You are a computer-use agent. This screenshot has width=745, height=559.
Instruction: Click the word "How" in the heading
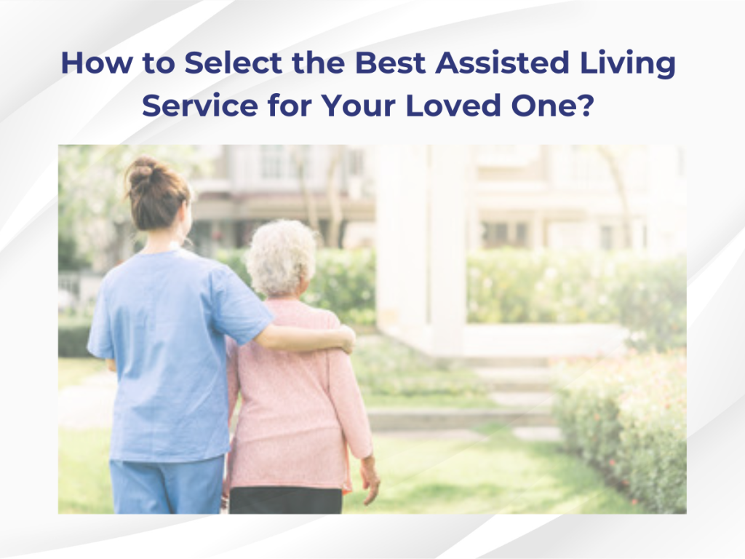(95, 63)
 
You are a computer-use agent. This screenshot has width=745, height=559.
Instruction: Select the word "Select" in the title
(234, 63)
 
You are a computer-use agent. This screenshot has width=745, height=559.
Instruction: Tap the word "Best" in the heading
(390, 63)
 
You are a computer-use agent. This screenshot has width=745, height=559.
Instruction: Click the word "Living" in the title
(627, 64)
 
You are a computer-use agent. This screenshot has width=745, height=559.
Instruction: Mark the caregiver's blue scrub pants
(167, 485)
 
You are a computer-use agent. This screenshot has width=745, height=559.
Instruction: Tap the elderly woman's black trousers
(285, 501)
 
